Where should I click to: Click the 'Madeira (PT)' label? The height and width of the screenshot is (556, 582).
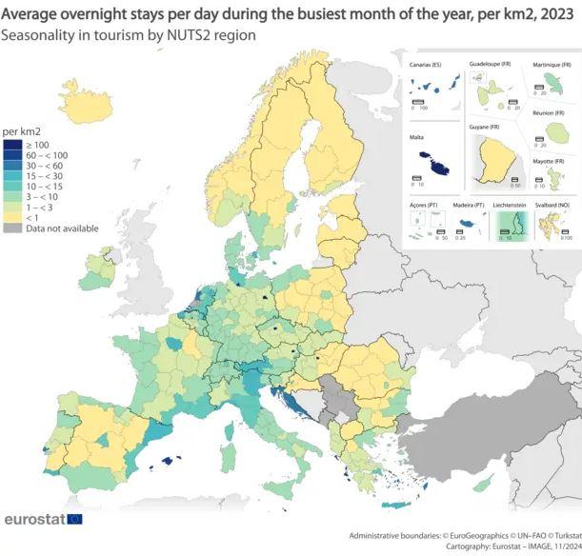[x=466, y=206]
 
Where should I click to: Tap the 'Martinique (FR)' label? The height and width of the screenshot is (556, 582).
[x=552, y=65]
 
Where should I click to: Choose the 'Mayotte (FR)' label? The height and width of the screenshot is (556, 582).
[x=552, y=162]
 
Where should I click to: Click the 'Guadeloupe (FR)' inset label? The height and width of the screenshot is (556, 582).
[x=492, y=65]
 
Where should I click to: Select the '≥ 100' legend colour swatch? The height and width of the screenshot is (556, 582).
[x=12, y=145]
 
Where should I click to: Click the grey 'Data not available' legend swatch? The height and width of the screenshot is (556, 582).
[x=12, y=228]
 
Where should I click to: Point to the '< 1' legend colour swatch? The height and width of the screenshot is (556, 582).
[x=12, y=218]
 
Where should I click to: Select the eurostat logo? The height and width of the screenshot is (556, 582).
[x=43, y=520]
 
